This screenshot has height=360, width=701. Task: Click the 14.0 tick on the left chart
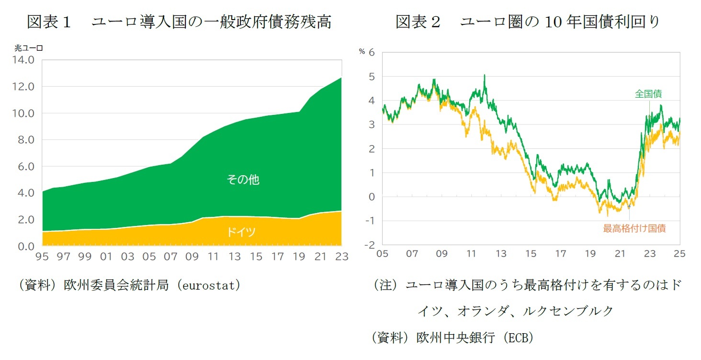[x=24, y=60]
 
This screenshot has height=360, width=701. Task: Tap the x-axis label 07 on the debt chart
[x=170, y=257]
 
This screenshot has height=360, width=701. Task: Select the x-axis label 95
[x=42, y=257]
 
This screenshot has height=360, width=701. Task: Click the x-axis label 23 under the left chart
[x=342, y=257]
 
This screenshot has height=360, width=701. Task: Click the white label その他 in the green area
[x=243, y=180]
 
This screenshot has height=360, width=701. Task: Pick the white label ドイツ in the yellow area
[x=241, y=232]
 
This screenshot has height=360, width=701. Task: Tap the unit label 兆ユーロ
[x=29, y=48]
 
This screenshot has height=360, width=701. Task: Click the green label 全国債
[x=648, y=94]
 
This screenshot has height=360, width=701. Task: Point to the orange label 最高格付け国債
[x=634, y=228]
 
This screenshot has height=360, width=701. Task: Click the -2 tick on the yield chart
[x=369, y=245]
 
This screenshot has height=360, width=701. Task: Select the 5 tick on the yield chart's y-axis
[x=372, y=77]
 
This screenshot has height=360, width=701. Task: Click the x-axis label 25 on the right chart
[x=679, y=254]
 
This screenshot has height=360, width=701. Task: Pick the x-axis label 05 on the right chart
[x=382, y=254]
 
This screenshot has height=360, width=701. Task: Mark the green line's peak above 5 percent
[x=485, y=75]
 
